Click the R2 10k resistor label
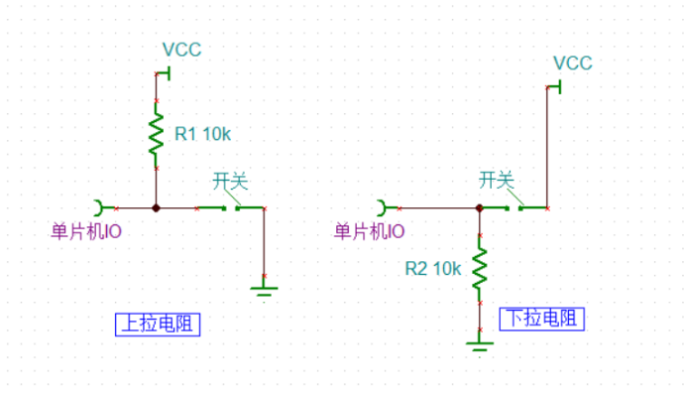click(432, 268)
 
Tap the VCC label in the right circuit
click(572, 64)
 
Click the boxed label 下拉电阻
click(541, 319)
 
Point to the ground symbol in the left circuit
click(264, 289)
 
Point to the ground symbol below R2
click(480, 343)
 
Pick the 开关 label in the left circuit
click(230, 181)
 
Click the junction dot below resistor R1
click(156, 208)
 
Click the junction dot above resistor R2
click(480, 208)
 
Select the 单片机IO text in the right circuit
click(369, 231)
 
